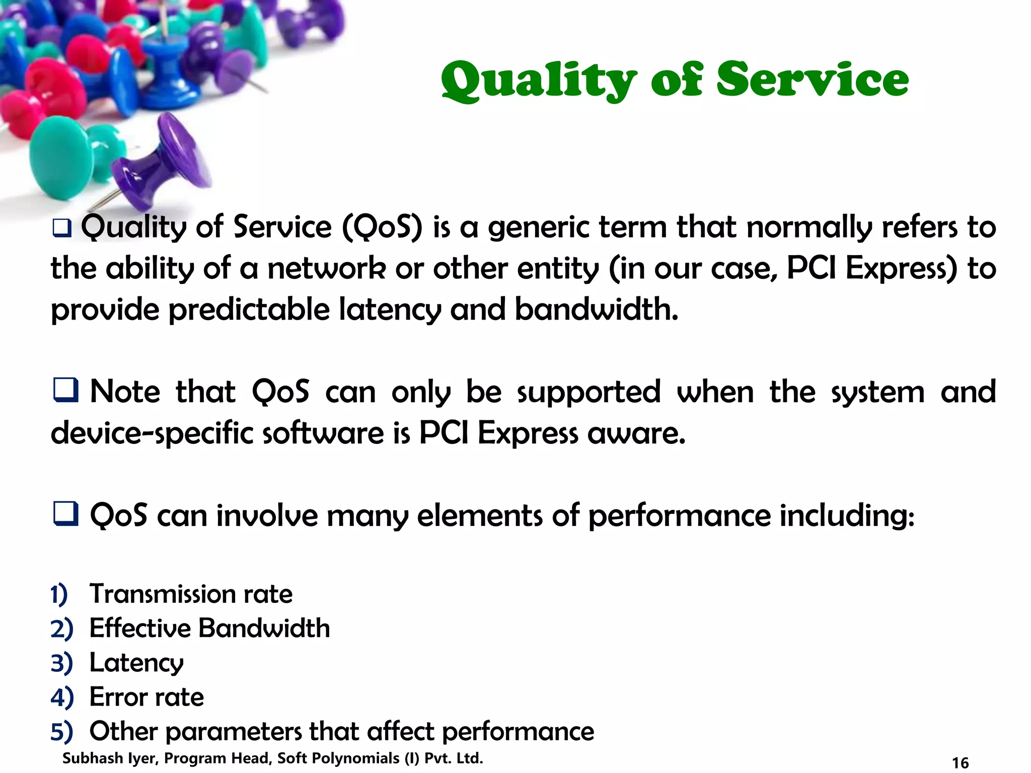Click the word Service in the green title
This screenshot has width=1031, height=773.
(x=812, y=80)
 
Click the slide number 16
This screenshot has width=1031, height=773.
(x=960, y=762)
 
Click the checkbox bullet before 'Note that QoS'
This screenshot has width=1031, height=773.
(x=65, y=391)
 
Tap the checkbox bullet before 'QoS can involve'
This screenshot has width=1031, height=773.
(x=65, y=514)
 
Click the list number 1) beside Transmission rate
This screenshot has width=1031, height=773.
(x=59, y=594)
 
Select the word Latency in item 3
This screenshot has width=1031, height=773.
(x=136, y=663)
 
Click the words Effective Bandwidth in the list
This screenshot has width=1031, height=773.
(x=209, y=628)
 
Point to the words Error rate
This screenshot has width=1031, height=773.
(x=146, y=697)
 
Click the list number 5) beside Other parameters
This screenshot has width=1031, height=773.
(x=61, y=731)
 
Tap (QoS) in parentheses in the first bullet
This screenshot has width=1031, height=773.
(x=382, y=227)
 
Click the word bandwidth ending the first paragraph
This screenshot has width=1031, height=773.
(x=596, y=309)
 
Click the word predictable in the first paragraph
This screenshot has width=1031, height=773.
(x=249, y=309)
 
